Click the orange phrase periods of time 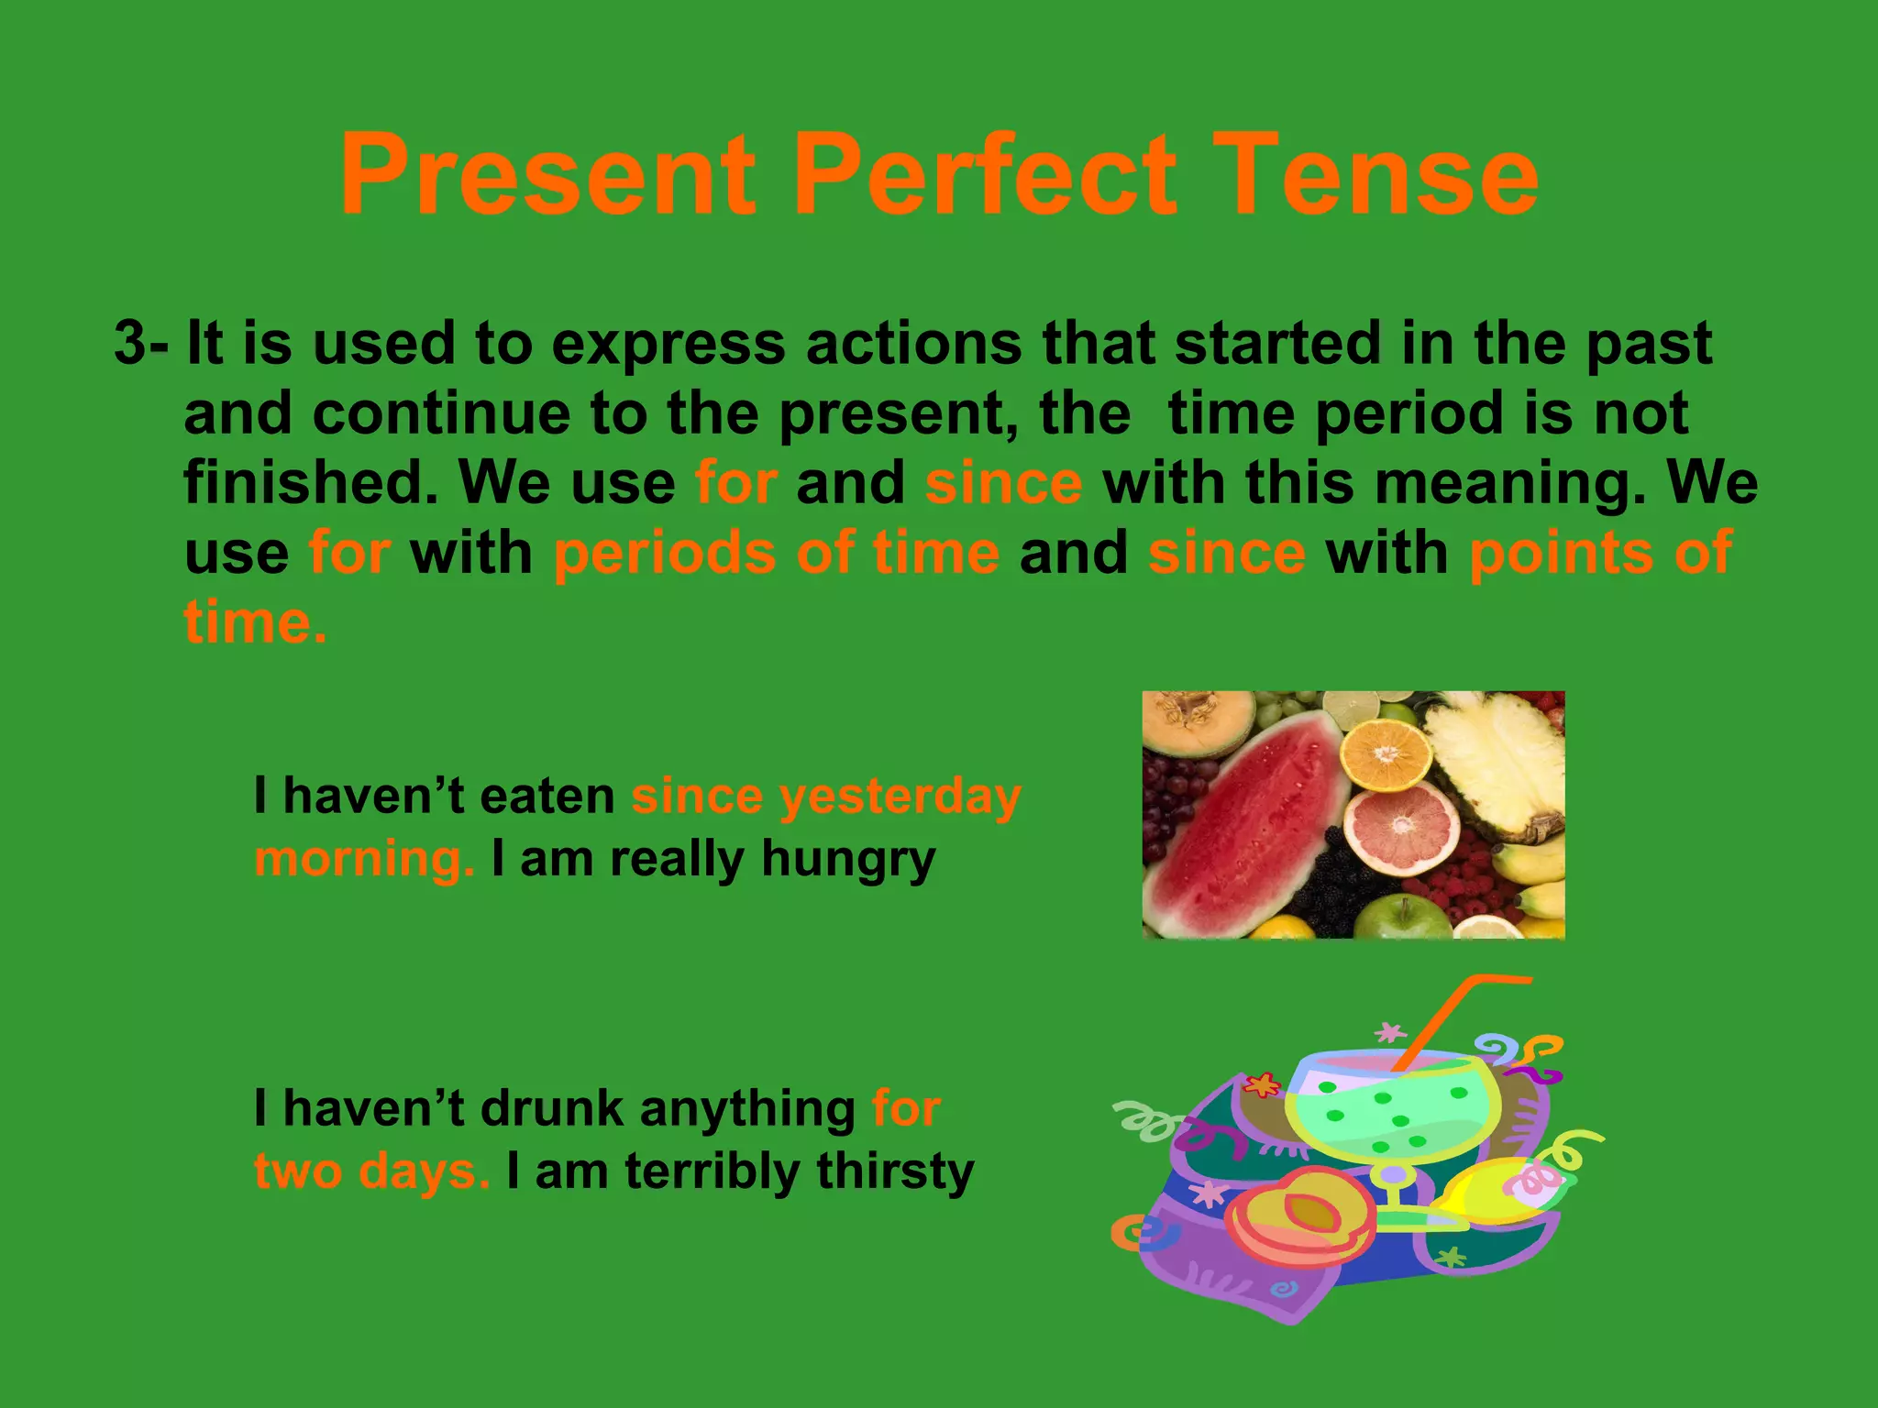[x=776, y=554]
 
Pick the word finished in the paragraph [x=310, y=482]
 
